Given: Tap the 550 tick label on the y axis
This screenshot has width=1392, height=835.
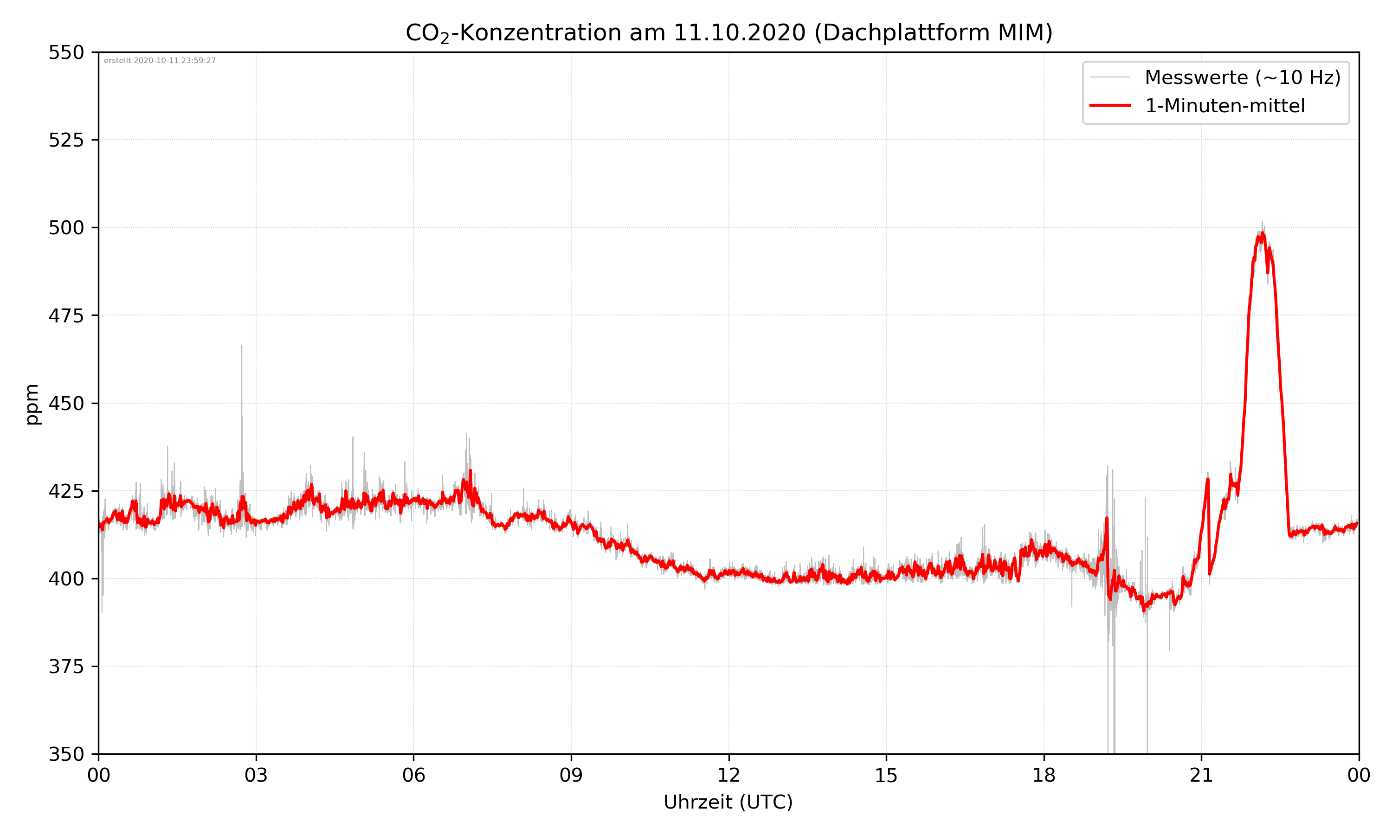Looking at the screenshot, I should coord(66,52).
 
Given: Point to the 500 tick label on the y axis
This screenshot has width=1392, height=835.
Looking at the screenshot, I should coord(66,228).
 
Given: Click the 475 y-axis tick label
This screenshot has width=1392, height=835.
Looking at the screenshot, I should coord(66,315).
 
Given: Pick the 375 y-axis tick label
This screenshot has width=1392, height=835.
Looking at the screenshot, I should coord(66,667).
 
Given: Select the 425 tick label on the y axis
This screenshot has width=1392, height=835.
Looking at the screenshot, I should coord(66,491).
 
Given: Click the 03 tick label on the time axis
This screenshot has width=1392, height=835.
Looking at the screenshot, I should coord(256,775).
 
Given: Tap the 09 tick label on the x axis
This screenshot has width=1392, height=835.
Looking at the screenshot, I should coord(571,775).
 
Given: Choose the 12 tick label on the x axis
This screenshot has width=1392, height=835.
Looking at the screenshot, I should coord(728,775).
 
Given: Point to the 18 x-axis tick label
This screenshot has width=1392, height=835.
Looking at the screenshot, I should coord(1044,775).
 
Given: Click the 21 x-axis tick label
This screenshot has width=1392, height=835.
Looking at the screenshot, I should coord(1201,775).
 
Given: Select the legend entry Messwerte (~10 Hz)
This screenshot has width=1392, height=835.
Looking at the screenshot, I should coord(1242,77).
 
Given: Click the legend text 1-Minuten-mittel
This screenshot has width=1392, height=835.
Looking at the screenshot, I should coord(1224,106).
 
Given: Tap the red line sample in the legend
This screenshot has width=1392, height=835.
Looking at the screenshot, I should coord(1109,106).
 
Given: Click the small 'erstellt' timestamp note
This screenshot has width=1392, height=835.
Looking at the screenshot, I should coord(160,61).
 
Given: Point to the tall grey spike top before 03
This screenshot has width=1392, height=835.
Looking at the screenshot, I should coord(242,346).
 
